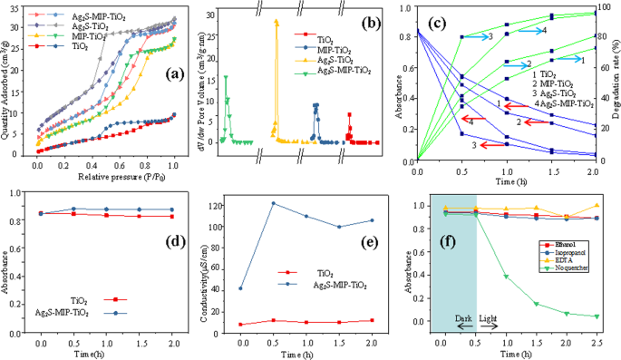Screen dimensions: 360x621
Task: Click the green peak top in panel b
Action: point(226,77)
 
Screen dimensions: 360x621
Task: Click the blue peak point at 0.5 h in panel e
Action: point(273,203)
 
